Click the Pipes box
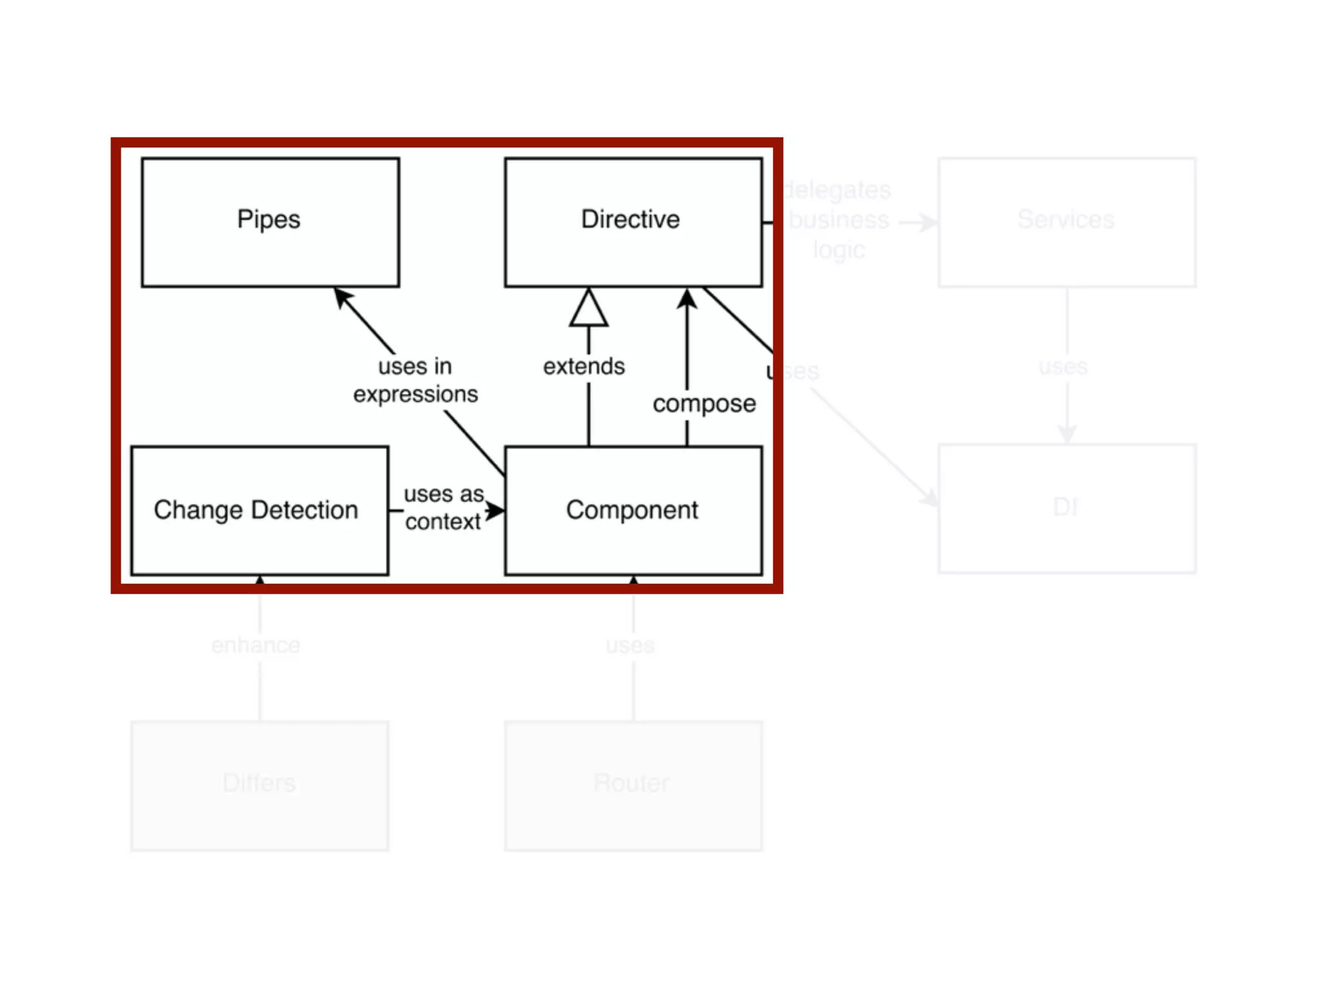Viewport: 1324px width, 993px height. click(x=270, y=222)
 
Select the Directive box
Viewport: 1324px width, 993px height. click(x=633, y=222)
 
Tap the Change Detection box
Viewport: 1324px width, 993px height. click(x=259, y=510)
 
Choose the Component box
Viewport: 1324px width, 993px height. click(x=633, y=510)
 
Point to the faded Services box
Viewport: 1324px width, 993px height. click(x=1067, y=222)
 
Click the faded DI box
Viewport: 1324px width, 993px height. click(x=1067, y=508)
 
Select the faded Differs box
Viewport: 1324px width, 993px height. click(x=259, y=785)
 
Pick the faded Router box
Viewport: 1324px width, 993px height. click(x=633, y=785)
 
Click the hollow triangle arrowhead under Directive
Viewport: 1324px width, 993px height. click(x=588, y=308)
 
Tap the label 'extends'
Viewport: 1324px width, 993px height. click(x=584, y=367)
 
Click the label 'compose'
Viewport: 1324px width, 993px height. click(x=704, y=404)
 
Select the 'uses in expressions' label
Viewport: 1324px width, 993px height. click(x=415, y=380)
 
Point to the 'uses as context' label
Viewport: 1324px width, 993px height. click(x=443, y=507)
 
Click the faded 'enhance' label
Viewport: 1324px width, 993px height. click(x=255, y=645)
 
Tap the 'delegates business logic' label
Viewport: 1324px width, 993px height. click(x=838, y=220)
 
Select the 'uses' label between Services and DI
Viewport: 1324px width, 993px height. click(x=1063, y=367)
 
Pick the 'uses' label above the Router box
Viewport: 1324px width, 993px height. click(x=630, y=645)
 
